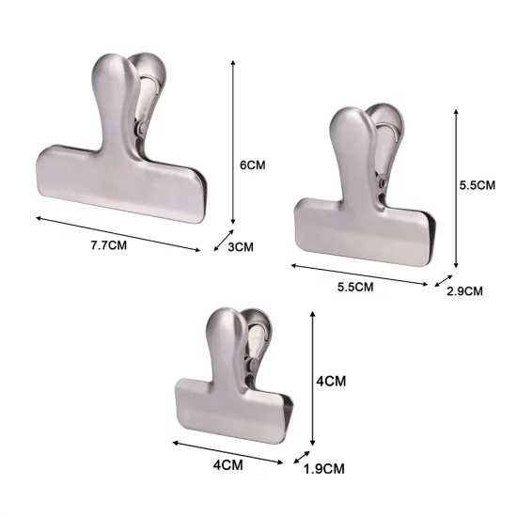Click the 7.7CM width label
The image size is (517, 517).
point(109,245)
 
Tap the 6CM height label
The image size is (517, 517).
point(252,164)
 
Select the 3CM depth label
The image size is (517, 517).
point(241,246)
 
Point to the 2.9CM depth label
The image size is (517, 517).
point(464,291)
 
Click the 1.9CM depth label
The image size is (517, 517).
point(323,468)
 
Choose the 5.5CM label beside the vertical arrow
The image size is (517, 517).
point(478,185)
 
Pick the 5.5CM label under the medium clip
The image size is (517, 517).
point(355,287)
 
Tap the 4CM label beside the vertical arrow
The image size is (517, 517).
point(331,381)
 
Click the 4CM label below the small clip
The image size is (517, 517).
point(227,465)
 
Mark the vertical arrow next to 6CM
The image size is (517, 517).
point(233,143)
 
